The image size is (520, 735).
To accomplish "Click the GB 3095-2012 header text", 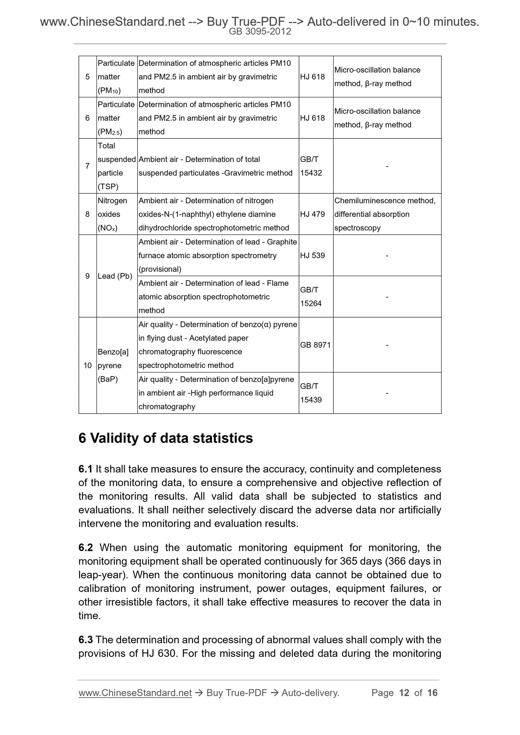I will coord(260,32).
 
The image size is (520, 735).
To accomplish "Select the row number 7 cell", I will coord(87,166).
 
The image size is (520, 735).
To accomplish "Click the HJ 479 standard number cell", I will coord(312,214).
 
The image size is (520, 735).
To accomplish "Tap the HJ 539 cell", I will coord(312,256).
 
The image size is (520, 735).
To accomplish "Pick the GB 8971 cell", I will coord(315,345).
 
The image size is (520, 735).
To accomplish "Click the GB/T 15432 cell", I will coord(311,166).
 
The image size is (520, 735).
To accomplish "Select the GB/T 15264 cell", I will coord(311,297).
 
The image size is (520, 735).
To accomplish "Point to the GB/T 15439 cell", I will coord(311,393).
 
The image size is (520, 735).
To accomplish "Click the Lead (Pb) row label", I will coord(115,276).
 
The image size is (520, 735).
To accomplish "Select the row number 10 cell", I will coord(87,366).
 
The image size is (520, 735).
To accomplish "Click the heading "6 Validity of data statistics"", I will coord(166,438).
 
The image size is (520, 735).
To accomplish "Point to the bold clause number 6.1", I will coord(85,469).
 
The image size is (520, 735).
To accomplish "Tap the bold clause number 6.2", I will coord(86,548).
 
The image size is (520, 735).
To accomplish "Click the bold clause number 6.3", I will coord(86,640).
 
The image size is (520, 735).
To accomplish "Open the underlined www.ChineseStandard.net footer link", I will coord(135,693).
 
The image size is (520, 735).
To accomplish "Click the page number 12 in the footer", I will coord(404,693).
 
